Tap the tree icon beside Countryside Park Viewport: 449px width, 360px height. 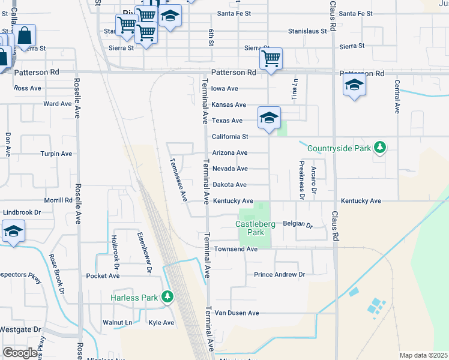(x=379, y=147)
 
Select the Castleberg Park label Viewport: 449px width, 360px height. (x=255, y=228)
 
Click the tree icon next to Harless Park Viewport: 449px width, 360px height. (x=167, y=297)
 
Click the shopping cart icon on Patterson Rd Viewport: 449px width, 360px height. (x=271, y=59)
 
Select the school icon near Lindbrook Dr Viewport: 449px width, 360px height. (x=13, y=232)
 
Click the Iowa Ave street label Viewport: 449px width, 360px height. (x=225, y=88)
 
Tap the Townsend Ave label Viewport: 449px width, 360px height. (x=236, y=249)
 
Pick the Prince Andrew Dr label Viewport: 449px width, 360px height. (x=279, y=275)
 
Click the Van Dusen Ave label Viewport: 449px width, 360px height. (x=237, y=313)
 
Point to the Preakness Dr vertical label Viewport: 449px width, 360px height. (x=302, y=179)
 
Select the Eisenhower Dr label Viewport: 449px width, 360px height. (x=145, y=253)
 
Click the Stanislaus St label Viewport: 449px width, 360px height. (x=307, y=30)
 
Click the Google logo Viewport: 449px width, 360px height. (x=20, y=352)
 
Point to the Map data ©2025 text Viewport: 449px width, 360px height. (x=424, y=355)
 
